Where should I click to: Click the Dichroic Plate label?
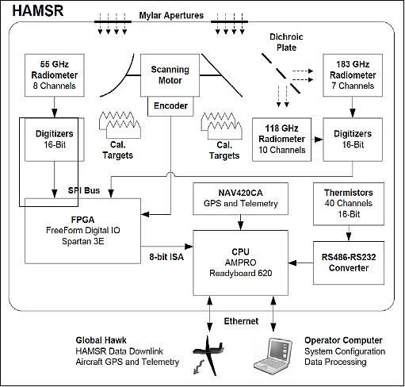pyautogui.click(x=288, y=41)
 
